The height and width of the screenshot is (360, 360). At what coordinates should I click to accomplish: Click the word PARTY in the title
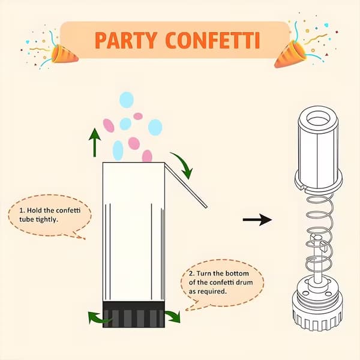[126, 40]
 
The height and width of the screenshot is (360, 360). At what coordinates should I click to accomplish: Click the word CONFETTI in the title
[212, 40]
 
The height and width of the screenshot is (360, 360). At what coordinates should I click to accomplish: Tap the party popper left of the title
[64, 54]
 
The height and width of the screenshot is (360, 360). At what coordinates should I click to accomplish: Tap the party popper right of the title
[290, 54]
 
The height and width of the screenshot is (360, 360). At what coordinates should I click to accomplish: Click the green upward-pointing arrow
[95, 143]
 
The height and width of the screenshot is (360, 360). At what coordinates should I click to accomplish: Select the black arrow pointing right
[257, 220]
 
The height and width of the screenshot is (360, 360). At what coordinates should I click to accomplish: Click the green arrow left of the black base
[98, 318]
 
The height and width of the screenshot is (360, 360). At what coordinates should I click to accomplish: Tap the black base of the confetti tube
[133, 314]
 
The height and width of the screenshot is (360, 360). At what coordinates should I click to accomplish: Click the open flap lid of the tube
[186, 185]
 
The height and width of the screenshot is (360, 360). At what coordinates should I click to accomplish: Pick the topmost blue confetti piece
[126, 100]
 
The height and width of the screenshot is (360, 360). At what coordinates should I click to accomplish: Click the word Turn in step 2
[204, 274]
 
